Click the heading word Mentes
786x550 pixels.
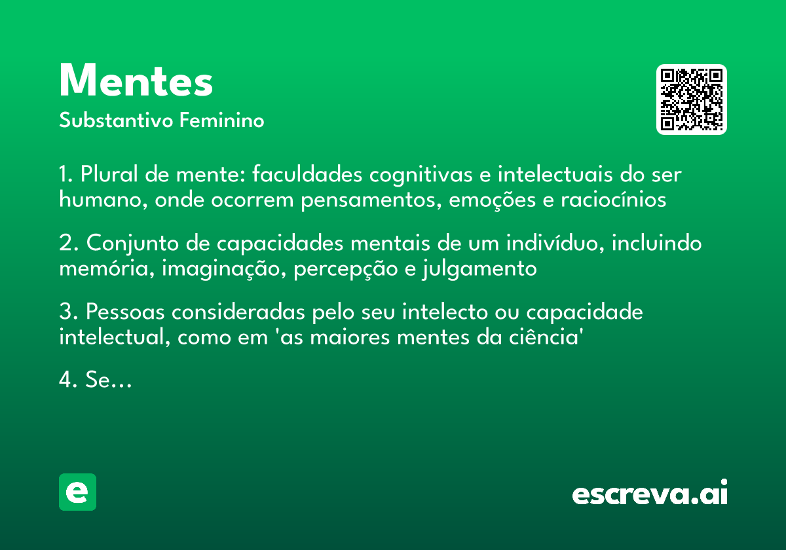pos(136,82)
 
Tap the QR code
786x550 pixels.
pos(692,100)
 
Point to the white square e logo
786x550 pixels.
pos(77,492)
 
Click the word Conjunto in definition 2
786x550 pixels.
pos(126,244)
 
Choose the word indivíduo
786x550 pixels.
pos(549,244)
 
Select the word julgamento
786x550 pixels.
pos(480,268)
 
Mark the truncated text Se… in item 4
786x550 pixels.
pos(109,380)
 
